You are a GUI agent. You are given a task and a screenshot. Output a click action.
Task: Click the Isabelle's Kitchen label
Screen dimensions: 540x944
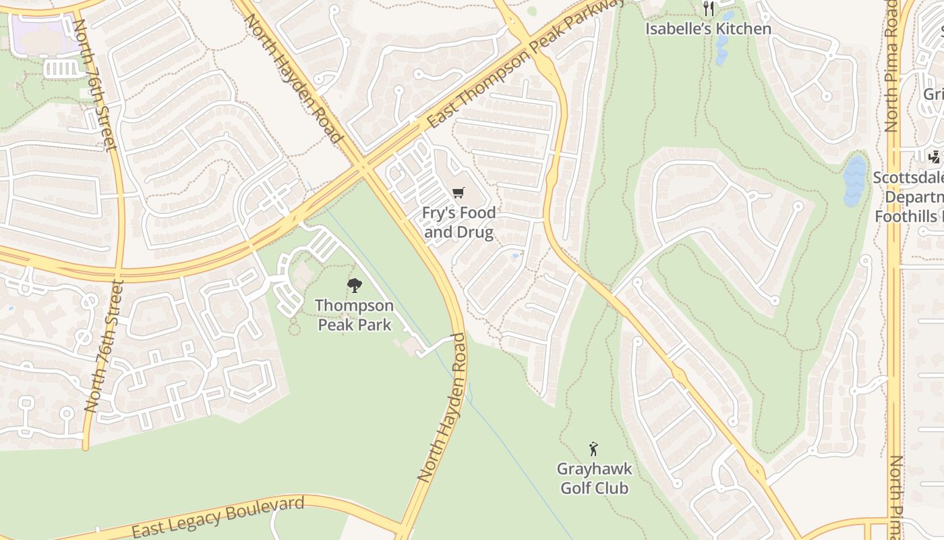coord(708,29)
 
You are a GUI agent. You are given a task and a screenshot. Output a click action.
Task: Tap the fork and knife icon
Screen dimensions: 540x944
coord(708,9)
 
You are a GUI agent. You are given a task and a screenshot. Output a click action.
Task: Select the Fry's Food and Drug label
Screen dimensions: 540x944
coord(459,223)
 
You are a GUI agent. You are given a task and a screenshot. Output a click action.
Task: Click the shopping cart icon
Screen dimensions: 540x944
coord(459,193)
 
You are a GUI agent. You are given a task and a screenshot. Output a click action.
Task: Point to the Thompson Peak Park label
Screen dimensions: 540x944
coord(354,315)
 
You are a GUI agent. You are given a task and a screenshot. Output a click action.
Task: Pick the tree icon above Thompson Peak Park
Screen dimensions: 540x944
coord(354,286)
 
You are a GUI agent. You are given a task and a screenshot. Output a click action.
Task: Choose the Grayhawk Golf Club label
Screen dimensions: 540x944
coord(593,478)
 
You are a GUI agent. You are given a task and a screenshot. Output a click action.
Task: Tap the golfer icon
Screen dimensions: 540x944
coord(593,449)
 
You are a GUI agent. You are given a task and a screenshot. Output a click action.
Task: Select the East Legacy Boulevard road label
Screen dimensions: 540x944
coord(218,517)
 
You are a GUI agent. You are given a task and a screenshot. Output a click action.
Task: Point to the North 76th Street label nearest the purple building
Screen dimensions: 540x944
coord(94,84)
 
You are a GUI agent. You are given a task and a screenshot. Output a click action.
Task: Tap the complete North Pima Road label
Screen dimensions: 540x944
coord(893,65)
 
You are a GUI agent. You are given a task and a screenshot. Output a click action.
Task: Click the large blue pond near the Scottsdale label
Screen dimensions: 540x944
coord(854,180)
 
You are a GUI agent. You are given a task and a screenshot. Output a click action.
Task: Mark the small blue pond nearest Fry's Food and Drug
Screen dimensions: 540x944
coord(515,256)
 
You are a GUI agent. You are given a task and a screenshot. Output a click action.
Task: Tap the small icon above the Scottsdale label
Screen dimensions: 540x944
coord(934,157)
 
